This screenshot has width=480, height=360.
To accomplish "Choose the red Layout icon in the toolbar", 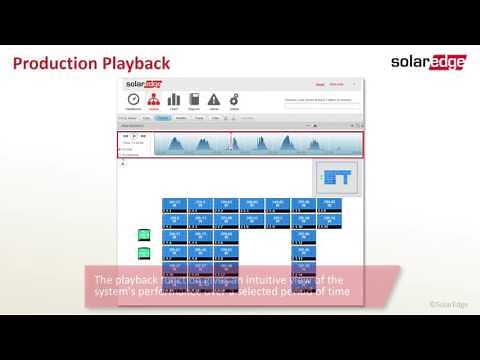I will coord(154,100).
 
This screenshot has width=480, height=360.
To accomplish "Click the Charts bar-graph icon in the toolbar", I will coord(174,100).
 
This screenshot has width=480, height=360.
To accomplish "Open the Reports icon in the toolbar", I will coord(194,100).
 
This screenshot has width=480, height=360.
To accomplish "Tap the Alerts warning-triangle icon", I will coord(214,100).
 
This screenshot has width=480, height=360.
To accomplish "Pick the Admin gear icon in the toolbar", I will coord(234,100).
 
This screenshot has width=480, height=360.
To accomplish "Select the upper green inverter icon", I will coord(144,235).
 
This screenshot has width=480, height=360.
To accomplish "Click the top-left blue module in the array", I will coord(174,204).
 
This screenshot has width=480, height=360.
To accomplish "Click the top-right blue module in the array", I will coord(329,204).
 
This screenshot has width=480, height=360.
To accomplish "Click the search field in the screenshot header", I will coord(318,101).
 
